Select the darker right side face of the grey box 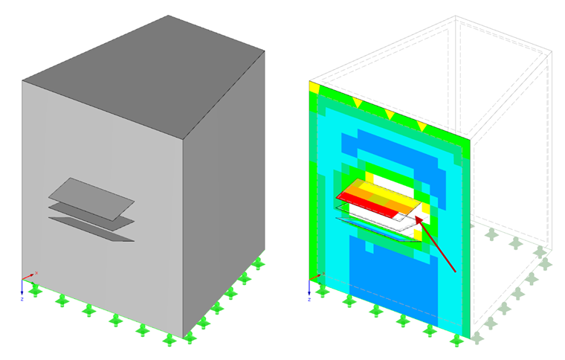tap(223, 193)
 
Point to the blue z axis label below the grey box tap(22, 298)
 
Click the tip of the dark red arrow tap(416, 220)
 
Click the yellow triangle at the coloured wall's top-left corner tap(314, 87)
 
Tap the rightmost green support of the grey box tap(258, 263)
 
